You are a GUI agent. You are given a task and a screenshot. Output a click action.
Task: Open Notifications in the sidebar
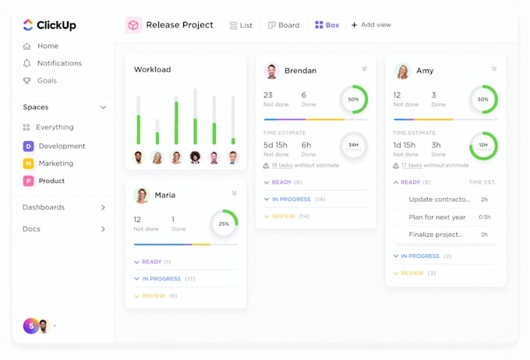pyautogui.click(x=59, y=63)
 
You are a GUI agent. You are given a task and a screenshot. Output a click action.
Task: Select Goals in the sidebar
pyautogui.click(x=47, y=80)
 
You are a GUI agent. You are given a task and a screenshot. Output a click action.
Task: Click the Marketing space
pyautogui.click(x=55, y=164)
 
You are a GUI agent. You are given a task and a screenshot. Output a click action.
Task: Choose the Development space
pyautogui.click(x=62, y=146)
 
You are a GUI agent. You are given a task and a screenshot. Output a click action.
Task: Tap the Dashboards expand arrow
pyautogui.click(x=103, y=207)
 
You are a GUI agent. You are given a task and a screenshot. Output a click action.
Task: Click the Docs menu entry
pyautogui.click(x=31, y=229)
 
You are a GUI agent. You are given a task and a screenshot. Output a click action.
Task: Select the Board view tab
pyautogui.click(x=284, y=25)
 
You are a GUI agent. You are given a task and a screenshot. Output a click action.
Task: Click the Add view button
pyautogui.click(x=371, y=25)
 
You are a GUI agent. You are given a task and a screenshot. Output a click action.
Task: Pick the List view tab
pyautogui.click(x=241, y=25)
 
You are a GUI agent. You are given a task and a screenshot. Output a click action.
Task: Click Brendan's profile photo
pyautogui.click(x=271, y=71)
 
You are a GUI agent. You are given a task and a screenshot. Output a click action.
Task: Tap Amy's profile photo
pyautogui.click(x=402, y=71)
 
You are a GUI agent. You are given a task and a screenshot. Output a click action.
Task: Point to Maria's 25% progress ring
pyautogui.click(x=224, y=224)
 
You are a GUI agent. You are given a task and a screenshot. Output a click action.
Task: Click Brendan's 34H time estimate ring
pyautogui.click(x=353, y=145)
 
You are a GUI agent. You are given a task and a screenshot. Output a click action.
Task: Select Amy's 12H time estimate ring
pyautogui.click(x=483, y=145)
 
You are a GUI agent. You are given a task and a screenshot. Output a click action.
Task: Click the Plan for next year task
pyautogui.click(x=437, y=217)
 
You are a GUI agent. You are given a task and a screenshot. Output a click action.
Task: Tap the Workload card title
pyautogui.click(x=152, y=69)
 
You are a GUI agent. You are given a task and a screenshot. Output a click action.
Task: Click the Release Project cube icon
pyautogui.click(x=133, y=25)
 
